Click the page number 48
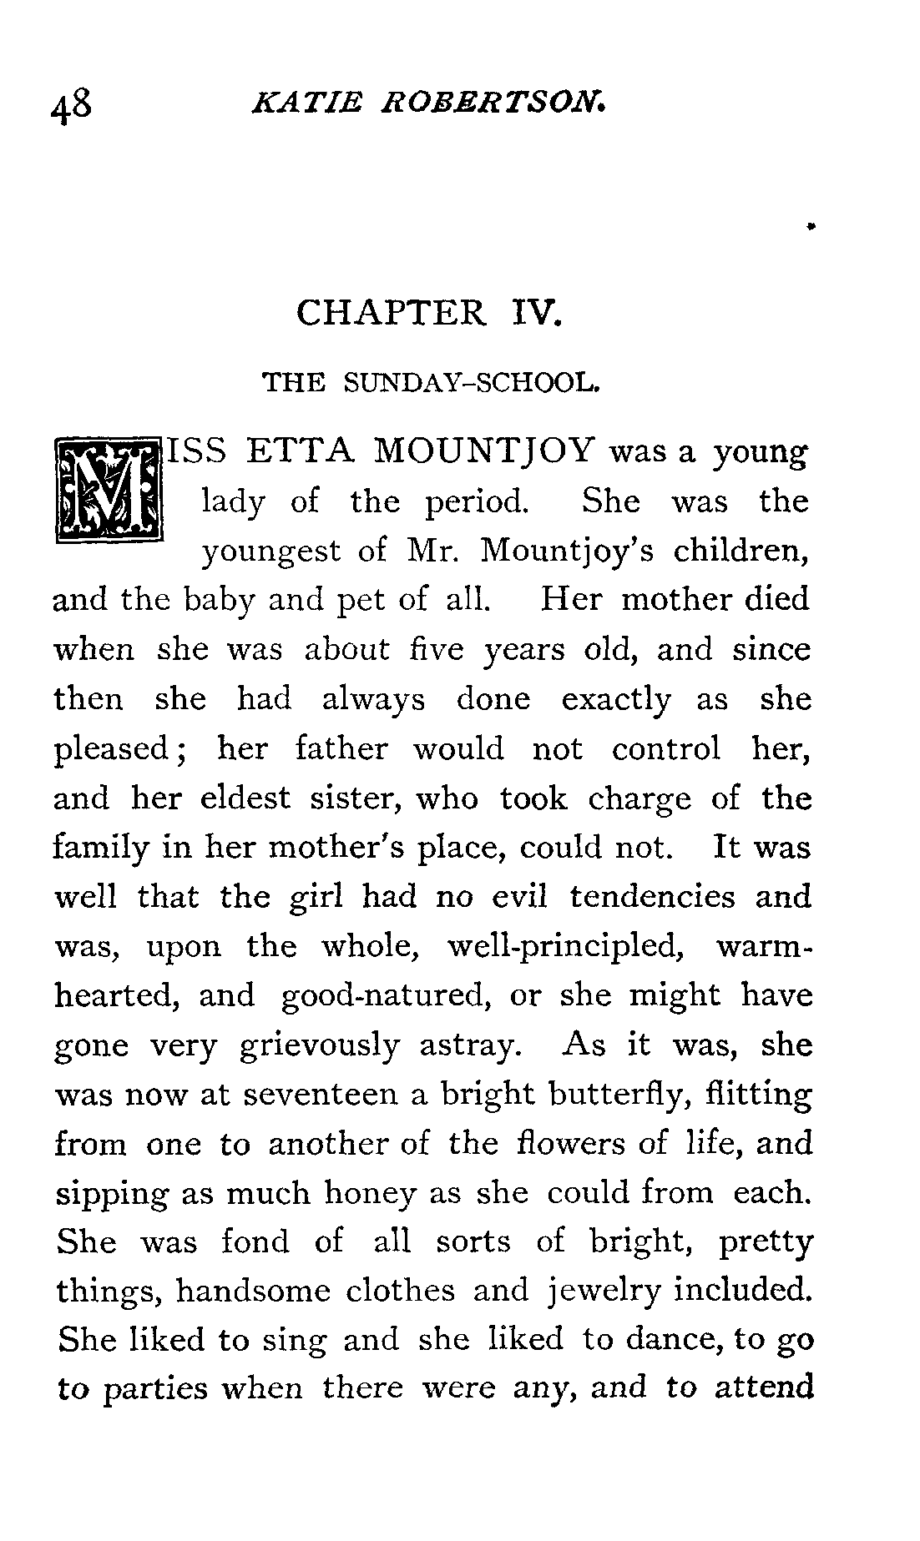(74, 108)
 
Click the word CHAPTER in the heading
(390, 314)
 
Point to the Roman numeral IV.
(531, 314)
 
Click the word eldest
(244, 798)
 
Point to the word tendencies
(653, 897)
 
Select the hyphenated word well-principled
(573, 947)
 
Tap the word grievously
(319, 1046)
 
